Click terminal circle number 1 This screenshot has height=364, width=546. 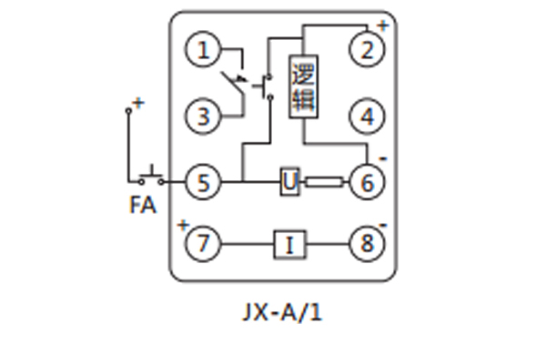click(x=203, y=50)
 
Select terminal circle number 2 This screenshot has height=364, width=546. click(x=368, y=50)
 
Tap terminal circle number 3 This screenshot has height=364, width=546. click(x=203, y=116)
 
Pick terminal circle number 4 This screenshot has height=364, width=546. click(x=368, y=116)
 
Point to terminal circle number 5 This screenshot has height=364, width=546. click(x=203, y=182)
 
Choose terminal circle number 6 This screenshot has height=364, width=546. click(x=368, y=182)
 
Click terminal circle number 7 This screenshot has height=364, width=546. click(x=203, y=244)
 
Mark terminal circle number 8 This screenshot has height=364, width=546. click(x=368, y=244)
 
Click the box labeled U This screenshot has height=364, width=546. click(x=289, y=182)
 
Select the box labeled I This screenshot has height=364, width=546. click(x=289, y=244)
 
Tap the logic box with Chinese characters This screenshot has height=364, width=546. click(x=303, y=87)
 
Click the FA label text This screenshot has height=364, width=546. click(x=142, y=206)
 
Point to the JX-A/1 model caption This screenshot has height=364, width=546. click(x=284, y=313)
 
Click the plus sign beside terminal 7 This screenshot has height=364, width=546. click(x=183, y=225)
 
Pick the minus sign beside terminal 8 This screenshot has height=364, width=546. click(x=383, y=225)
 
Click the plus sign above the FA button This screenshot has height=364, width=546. click(x=138, y=103)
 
